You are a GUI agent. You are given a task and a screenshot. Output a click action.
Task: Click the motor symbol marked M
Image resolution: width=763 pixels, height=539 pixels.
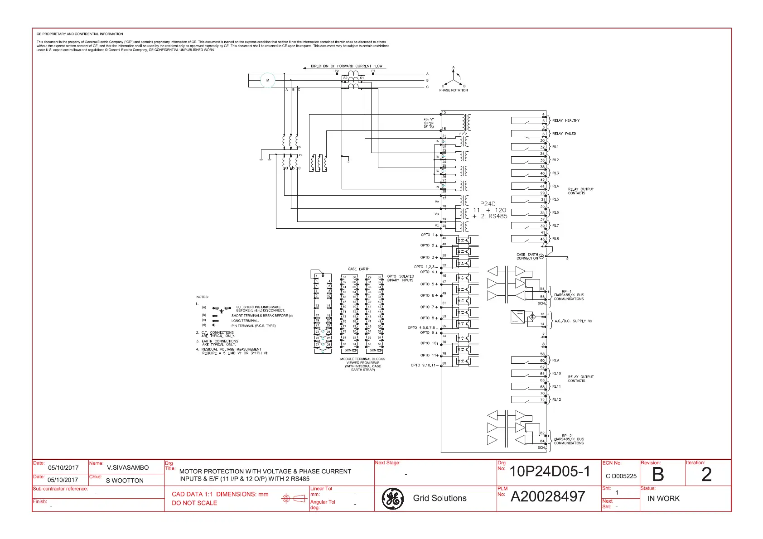(267, 81)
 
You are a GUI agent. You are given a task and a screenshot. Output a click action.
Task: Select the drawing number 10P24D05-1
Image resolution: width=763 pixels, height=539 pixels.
(550, 472)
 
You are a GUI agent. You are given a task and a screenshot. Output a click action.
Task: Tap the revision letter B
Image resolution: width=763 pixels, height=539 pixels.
(657, 475)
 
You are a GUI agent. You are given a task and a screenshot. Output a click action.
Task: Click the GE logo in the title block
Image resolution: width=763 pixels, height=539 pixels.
(392, 498)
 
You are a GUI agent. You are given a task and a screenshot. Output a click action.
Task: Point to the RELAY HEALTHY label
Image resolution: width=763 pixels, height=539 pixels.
(566, 120)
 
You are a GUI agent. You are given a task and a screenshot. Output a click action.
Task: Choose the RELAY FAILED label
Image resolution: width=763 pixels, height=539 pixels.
(564, 134)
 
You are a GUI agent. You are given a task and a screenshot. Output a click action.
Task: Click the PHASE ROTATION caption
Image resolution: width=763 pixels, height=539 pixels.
(453, 90)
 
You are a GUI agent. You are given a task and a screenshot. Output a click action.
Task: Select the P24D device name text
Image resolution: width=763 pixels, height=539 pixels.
(488, 204)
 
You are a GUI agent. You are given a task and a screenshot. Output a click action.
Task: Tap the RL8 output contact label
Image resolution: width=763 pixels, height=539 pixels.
(555, 239)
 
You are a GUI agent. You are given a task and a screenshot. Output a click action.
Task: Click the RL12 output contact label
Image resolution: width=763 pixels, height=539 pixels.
(556, 399)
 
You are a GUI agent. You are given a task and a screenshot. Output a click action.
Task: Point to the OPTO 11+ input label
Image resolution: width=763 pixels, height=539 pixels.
(429, 355)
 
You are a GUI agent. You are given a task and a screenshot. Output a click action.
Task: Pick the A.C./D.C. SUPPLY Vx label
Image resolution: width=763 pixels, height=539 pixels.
(573, 321)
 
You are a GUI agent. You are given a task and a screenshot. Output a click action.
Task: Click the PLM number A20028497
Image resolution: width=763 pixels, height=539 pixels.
(548, 497)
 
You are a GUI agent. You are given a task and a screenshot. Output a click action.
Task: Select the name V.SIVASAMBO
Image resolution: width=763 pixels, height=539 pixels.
(128, 467)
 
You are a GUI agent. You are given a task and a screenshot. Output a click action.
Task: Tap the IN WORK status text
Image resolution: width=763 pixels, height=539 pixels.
(663, 498)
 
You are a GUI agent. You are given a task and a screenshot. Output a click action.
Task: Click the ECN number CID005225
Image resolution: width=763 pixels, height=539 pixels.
(621, 476)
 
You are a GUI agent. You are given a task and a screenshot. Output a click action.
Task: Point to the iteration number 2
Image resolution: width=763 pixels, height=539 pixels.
(706, 475)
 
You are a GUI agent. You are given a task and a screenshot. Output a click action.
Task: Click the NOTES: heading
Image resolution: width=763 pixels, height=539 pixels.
(202, 297)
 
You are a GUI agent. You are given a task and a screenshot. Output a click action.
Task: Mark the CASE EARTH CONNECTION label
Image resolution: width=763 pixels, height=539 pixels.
(527, 256)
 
